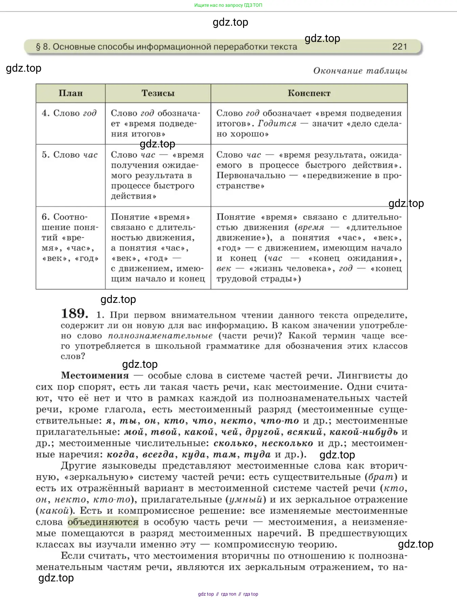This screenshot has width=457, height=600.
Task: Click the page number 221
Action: pos(400,47)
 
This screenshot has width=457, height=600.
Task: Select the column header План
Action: pos(71,93)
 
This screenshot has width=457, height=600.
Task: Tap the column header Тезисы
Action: pos(158,93)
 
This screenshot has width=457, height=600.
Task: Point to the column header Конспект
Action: pos(309,93)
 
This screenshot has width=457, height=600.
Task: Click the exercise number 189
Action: pos(74,313)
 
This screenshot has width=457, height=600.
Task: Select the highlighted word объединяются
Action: pos(103,522)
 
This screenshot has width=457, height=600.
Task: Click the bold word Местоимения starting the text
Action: pos(95,376)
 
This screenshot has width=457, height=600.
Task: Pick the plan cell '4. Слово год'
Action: pos(69,113)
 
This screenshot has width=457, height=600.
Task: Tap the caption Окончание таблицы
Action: pos(360,71)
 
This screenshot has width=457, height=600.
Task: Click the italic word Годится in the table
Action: pos(277,124)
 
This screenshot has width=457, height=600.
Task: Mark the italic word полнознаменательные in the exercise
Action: pos(160,336)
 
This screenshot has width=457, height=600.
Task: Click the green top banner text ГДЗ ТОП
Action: pos(228,5)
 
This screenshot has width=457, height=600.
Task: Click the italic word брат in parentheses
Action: pos(381,477)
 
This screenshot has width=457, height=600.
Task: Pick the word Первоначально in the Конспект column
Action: pos(251,175)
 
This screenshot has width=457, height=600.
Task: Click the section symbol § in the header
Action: pos(38,47)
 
